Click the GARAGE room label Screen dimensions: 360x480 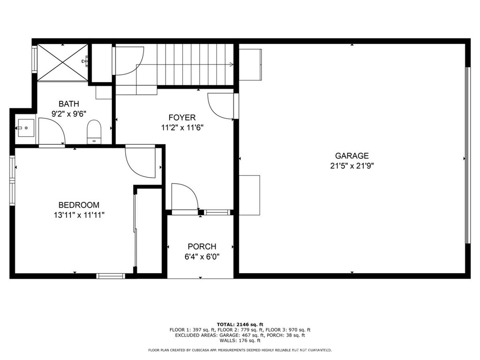(x=352, y=156)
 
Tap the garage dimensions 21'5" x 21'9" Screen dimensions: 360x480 (x=352, y=165)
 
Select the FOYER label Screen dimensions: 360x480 (x=182, y=117)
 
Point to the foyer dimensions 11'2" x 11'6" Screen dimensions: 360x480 (x=182, y=127)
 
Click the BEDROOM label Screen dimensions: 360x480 (x=79, y=205)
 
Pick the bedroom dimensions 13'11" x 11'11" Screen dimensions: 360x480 (x=79, y=215)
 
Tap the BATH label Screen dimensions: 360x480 (x=69, y=104)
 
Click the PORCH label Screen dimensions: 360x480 (x=202, y=247)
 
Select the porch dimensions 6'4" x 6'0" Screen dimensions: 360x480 (x=202, y=256)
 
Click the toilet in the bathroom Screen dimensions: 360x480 (x=94, y=131)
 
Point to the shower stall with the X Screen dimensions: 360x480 (x=62, y=61)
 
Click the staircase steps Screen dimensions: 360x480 (x=195, y=65)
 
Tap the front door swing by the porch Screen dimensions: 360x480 (x=185, y=197)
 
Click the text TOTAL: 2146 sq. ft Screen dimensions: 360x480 (x=240, y=324)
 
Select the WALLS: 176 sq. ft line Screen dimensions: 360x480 (x=240, y=341)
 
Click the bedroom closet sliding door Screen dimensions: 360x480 (x=135, y=230)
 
